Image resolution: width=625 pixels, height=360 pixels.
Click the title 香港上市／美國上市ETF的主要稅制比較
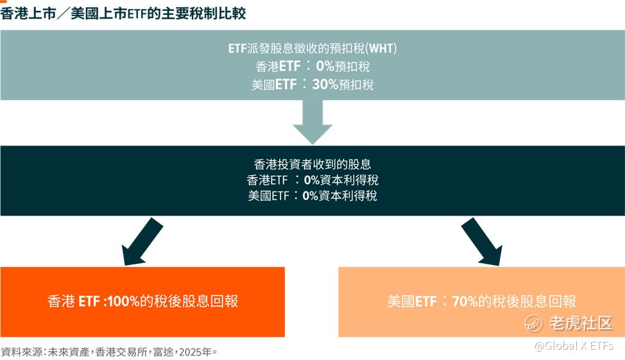tap(123, 13)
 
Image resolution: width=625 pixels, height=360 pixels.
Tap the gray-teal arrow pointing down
tap(312, 121)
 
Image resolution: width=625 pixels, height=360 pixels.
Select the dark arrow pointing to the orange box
tap(142, 241)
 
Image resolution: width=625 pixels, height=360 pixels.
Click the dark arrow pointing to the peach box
tap(482, 241)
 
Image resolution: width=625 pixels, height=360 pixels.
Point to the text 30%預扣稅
tap(343, 85)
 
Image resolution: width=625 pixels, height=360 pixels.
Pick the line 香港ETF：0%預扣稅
tap(312, 66)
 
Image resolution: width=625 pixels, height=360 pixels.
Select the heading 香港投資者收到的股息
tap(312, 164)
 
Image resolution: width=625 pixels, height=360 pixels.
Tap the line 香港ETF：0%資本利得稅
tap(312, 180)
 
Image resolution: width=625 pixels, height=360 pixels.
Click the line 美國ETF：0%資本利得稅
tap(312, 196)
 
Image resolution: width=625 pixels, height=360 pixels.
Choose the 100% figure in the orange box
tap(123, 302)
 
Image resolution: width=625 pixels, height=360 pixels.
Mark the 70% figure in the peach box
tap(465, 302)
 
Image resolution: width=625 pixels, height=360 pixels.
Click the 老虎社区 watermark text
tap(581, 323)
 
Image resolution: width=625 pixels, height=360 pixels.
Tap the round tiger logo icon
tap(534, 323)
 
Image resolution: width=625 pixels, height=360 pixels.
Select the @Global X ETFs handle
tap(574, 346)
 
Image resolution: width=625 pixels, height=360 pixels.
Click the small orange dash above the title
tap(4, 1)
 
